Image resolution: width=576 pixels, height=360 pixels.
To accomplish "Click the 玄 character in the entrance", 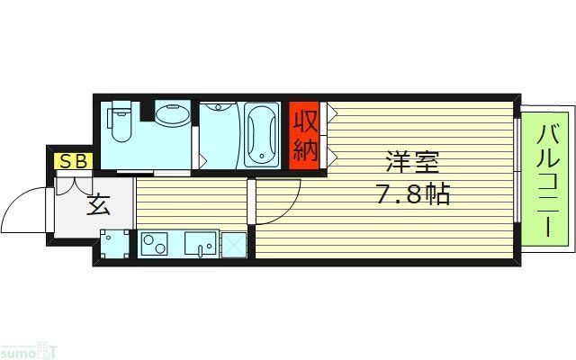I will tap(98, 206).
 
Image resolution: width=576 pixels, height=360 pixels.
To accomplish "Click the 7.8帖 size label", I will tap(409, 193).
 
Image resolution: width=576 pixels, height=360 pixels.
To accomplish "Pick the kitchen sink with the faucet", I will tap(201, 243).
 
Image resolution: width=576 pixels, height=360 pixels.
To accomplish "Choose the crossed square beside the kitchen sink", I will tap(234, 244).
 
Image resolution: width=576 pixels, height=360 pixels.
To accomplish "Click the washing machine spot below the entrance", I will tap(112, 244).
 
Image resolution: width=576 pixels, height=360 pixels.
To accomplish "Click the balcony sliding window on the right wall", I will tap(517, 180).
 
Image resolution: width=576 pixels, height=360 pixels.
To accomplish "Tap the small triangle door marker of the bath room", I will tap(204, 160).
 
